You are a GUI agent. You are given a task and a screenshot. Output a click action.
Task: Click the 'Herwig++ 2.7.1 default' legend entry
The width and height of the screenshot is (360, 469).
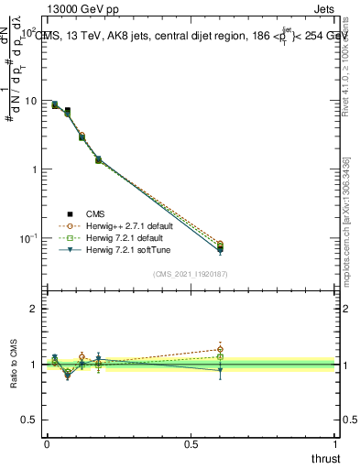click(127, 225)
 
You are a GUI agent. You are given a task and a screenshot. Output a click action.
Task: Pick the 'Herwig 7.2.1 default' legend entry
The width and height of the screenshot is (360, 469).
click(124, 237)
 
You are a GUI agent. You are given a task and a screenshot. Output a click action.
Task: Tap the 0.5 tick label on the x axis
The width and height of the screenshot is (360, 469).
click(191, 443)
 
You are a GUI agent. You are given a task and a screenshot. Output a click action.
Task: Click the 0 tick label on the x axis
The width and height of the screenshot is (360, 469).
click(47, 443)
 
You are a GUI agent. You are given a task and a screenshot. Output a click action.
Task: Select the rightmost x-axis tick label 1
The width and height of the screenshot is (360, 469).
click(335, 443)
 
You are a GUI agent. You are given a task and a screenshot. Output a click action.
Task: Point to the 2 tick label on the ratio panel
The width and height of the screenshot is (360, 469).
click(34, 310)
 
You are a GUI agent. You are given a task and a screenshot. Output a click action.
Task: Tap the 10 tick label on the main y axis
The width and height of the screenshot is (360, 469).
click(29, 101)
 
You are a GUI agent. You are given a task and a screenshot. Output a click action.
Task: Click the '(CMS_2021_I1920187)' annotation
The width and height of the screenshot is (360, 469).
click(190, 273)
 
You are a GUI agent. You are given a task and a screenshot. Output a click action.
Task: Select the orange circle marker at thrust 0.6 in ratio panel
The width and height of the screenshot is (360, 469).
click(220, 349)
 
